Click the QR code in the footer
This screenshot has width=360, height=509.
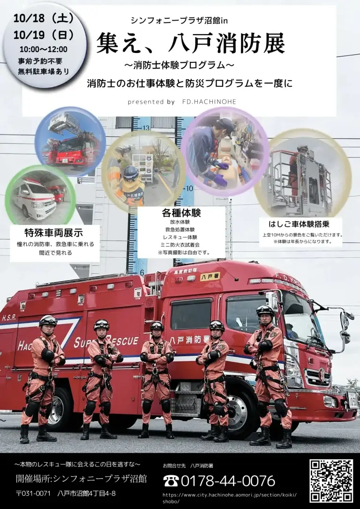(x=331, y=481)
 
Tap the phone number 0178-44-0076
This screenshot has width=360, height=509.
(x=228, y=481)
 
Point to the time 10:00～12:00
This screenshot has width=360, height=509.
(x=44, y=49)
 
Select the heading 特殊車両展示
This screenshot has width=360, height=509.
(x=54, y=233)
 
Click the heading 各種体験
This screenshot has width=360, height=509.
(x=181, y=213)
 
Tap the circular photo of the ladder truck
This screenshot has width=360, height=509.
(x=70, y=142)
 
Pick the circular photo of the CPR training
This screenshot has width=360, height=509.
(x=225, y=152)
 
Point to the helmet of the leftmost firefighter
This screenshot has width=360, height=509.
(x=48, y=321)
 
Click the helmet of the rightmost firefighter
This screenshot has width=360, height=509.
(x=265, y=310)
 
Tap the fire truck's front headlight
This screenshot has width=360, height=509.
(x=330, y=402)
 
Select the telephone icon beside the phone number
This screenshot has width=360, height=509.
(x=171, y=481)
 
